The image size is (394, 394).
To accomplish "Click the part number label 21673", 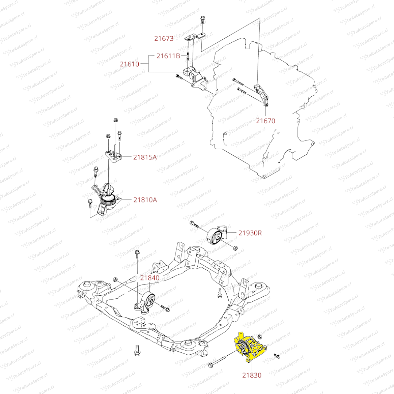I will point(164,38).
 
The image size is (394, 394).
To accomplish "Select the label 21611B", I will point(168,56).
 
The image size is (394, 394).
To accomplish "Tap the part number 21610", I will point(130,64).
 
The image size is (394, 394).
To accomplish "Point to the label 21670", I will point(266,120).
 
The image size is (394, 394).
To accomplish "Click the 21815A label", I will point(145,157).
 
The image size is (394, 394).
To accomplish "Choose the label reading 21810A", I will point(145,200).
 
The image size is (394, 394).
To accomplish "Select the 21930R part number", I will point(250,232).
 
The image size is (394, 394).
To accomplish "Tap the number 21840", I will point(150,278).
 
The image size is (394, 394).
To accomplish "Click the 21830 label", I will point(252,374).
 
